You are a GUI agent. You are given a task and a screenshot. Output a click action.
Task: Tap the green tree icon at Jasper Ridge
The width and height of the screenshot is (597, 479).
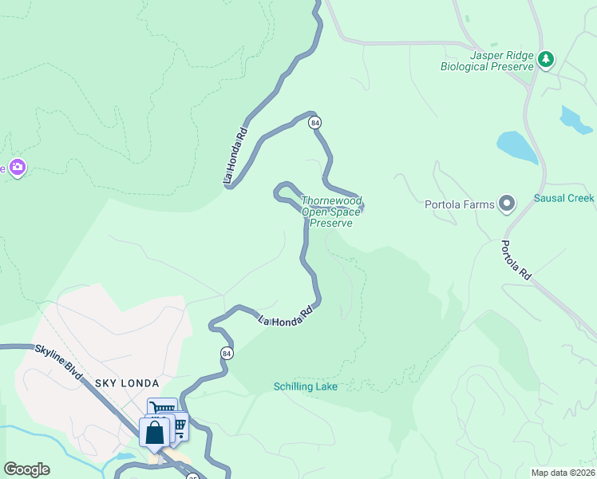tap(546, 59)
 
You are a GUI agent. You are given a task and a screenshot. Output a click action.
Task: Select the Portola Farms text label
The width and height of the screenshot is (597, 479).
tap(461, 204)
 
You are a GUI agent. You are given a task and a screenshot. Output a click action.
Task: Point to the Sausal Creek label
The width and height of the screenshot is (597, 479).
tap(564, 198)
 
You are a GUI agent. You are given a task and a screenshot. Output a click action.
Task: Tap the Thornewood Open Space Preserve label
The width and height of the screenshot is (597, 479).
tap(331, 212)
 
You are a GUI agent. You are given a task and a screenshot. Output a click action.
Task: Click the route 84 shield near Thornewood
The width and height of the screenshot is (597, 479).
tap(316, 122)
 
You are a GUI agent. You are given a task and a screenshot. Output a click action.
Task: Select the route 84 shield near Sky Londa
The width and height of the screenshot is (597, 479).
tap(227, 353)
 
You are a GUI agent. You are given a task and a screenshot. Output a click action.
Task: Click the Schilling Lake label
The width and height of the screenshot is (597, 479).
tap(306, 386)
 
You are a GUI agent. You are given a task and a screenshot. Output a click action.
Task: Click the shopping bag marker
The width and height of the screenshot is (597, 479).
tap(154, 432)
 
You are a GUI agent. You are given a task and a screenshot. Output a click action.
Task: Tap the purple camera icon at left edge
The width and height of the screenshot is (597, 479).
tap(18, 168)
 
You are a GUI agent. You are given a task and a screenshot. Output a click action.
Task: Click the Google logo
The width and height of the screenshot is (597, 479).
tap(26, 469)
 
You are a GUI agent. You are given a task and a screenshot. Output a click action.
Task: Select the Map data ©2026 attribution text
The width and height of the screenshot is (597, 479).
tap(562, 473)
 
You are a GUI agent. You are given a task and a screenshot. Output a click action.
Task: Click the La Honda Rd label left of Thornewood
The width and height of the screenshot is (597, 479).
tap(236, 156)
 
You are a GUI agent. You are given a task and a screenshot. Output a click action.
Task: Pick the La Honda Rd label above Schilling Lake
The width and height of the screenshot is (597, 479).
tap(283, 315)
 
